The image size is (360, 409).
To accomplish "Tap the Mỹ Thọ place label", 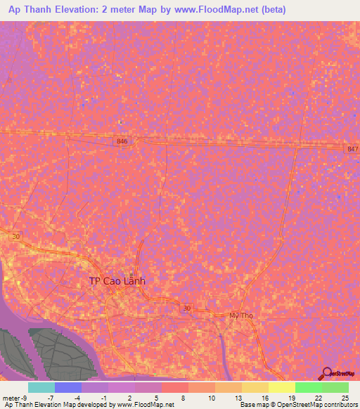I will click(x=241, y=316).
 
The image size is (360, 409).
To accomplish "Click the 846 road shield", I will click(x=123, y=141).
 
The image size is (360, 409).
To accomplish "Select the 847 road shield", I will click(x=352, y=150).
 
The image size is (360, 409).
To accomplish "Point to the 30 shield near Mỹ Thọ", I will click(x=186, y=308).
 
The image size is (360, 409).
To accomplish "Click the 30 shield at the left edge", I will click(x=16, y=237).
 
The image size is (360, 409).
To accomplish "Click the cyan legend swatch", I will click(x=41, y=387).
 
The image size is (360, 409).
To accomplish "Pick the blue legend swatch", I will click(x=68, y=387).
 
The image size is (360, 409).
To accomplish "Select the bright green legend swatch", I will click(x=308, y=387).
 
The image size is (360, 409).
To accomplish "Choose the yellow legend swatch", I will click(x=281, y=387).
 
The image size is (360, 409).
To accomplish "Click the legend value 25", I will click(x=345, y=398).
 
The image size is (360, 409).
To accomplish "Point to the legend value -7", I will click(x=50, y=398).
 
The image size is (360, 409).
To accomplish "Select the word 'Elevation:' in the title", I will click(x=101, y=11).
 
